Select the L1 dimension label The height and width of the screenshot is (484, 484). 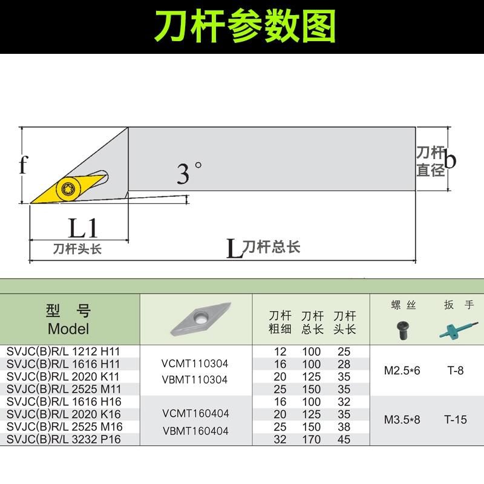coord(83,228)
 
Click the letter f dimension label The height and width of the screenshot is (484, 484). coord(23,164)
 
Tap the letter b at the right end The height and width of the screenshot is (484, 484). coord(450,160)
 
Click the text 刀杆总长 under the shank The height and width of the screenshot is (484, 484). coord(271,247)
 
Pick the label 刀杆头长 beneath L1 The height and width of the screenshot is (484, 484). coord(77,249)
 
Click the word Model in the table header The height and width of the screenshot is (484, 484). coord(68,329)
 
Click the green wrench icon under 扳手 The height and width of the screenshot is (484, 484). coord(454,329)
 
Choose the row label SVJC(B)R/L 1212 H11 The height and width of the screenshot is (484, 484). coord(64,352)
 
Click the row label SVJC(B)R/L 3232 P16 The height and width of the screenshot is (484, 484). coord(64,440)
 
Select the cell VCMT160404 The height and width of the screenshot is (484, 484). coord(195,414)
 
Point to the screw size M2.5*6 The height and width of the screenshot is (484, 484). coord(402,370)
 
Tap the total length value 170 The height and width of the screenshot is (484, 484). coord(312,440)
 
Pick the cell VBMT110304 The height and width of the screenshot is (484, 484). coord(195,380)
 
